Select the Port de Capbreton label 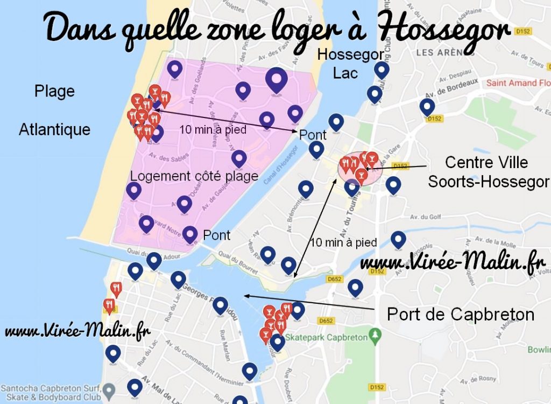460,314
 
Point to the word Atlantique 54,129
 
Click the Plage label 54,91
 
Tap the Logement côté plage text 194,176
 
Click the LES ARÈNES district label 440,53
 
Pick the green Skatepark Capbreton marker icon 375,338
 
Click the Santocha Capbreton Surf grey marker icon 110,389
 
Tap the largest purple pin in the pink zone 277,81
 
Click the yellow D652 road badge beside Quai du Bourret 334,279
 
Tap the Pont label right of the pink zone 313,135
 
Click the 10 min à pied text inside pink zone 213,129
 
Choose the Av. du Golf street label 422,217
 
